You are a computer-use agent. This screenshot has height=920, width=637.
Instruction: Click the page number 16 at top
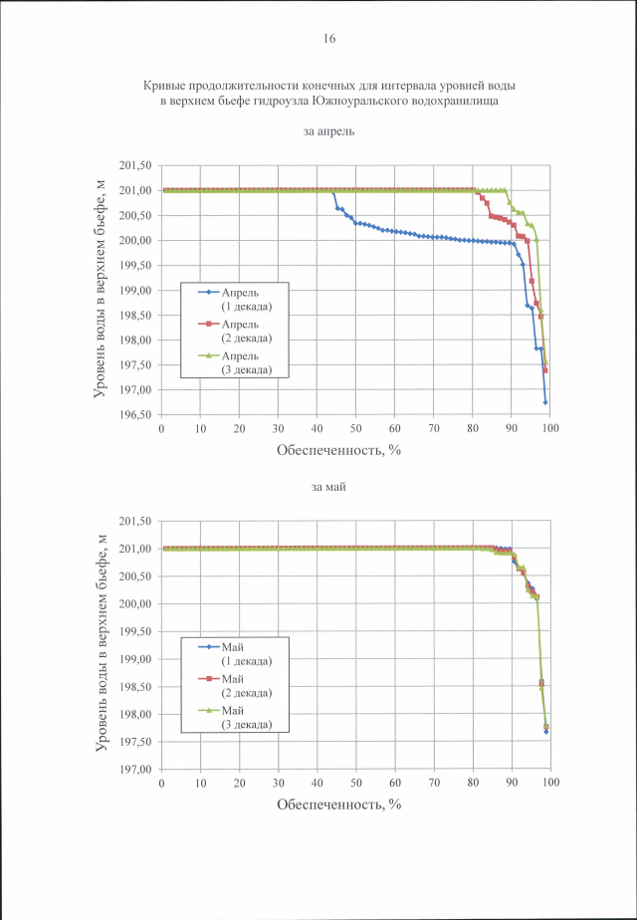coord(329,39)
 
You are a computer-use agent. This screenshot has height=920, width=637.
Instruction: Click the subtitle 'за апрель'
coord(329,131)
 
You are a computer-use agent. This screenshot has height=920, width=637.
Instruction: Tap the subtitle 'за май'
coord(329,487)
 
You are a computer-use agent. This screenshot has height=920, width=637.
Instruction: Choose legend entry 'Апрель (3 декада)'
coord(240,362)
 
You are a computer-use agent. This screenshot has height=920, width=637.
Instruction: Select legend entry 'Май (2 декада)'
coord(239,685)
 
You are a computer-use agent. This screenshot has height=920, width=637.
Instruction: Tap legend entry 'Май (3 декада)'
coord(239,717)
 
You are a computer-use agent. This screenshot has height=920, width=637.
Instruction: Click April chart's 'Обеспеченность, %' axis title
coord(338,449)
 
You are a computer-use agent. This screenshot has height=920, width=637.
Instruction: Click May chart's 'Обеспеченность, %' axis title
coord(338,804)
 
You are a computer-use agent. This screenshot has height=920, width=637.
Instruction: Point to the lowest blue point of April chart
coord(546,402)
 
